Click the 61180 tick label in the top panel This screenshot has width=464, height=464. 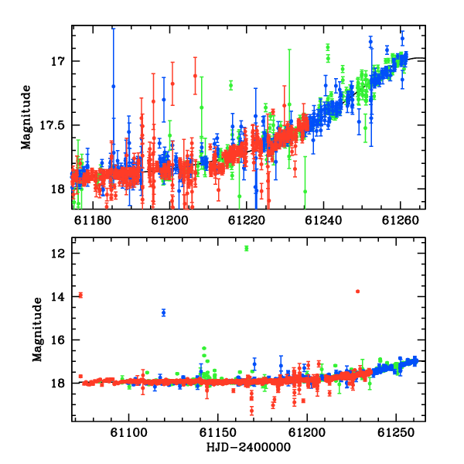pos(93,220)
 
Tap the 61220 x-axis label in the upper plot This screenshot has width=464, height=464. pos(247,220)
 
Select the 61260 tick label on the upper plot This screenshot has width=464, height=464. pos(401,220)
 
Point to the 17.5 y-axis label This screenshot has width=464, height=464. pos(52,125)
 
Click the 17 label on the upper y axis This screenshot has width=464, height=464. pos(58,61)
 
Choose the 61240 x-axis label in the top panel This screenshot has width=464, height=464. pos(323,220)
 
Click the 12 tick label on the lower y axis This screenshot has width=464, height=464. pos(58,254)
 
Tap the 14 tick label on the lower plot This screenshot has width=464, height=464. pos(58,296)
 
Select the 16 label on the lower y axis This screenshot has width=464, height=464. pos(58,340)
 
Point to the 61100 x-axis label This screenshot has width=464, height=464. pos(128,432)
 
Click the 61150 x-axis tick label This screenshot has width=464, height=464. pos(218,432)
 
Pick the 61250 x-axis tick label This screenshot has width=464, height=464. pos(396,432)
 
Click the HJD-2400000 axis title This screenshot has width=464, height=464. pos(248,447)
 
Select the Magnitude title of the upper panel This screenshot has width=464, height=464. pos(26,118)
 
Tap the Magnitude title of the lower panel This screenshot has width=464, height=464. pos(37,329)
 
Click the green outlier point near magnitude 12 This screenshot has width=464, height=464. pos(247,248)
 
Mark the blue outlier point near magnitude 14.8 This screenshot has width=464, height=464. pos(164,312)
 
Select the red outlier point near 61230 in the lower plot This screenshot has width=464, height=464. pos(358,292)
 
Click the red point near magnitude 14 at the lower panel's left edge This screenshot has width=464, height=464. pos(80,295)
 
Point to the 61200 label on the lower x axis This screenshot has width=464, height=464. pos(307,432)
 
